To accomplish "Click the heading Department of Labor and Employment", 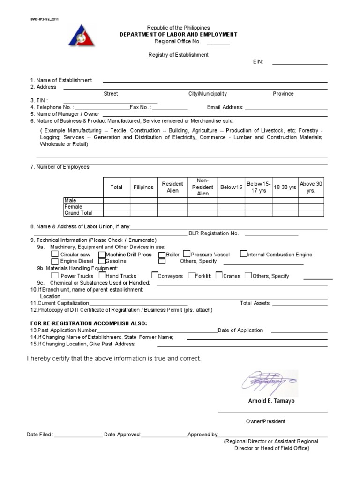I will pos(179,35).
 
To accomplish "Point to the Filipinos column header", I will pos(143,187).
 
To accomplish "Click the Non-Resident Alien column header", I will pos(202,187).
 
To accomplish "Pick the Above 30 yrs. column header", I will pos(311,187).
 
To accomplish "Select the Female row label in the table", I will pos(74,207).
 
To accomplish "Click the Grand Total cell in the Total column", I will pos(116,213).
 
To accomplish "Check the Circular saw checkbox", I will pos(55,255).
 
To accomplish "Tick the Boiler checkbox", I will pos(162,255).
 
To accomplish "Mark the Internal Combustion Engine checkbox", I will pos(244,254).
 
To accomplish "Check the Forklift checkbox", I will pos(192,276).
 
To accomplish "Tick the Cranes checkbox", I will pos(219,276).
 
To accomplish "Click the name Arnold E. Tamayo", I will pos(271,401).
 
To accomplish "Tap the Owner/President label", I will pos(266,421).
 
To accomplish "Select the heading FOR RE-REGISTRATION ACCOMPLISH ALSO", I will pos(89,323).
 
